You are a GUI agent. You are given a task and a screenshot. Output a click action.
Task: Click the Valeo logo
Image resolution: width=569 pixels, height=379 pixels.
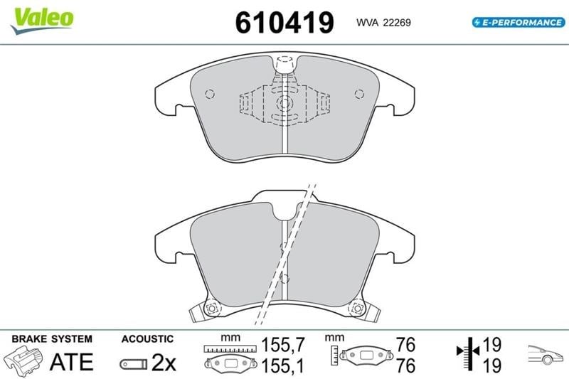coord(42,20)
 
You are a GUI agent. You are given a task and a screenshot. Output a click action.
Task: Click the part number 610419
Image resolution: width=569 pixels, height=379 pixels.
coord(284,23)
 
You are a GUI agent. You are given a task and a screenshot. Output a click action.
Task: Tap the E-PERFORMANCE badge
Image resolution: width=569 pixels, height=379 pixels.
coord(519,23)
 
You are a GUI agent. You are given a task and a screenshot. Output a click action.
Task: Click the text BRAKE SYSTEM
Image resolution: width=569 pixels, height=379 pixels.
coord(52,338)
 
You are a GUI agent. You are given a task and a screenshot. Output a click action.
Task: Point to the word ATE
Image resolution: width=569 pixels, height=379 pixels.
coord(72,362)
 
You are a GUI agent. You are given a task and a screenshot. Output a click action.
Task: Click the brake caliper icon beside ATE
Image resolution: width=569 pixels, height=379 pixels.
coord(23,360)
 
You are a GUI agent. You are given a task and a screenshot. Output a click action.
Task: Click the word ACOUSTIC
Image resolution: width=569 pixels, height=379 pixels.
coord(147,338)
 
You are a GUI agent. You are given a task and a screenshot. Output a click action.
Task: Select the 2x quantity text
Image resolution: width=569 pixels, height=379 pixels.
coord(164,362)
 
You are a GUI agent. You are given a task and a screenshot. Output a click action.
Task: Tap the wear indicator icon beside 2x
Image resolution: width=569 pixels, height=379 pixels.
coord(134,364)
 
